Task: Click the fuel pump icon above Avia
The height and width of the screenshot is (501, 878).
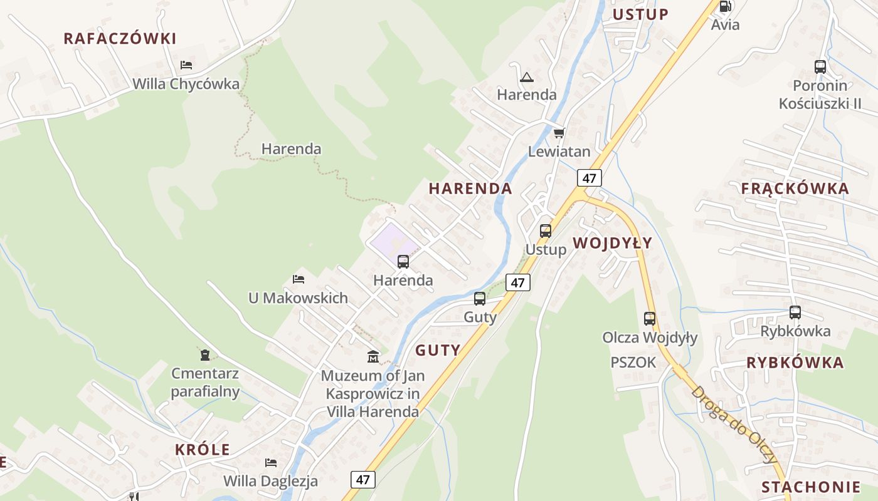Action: click(725, 6)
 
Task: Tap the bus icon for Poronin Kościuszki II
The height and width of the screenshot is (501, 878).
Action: click(820, 66)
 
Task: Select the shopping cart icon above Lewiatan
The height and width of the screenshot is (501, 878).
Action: click(559, 133)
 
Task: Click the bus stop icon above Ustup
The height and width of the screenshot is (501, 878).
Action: click(546, 230)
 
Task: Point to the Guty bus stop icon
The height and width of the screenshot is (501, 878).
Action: click(480, 299)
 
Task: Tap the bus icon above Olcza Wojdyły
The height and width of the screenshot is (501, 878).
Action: click(650, 318)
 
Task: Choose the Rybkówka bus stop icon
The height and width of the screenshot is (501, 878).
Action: click(795, 312)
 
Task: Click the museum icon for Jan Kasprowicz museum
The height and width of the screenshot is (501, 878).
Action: click(373, 357)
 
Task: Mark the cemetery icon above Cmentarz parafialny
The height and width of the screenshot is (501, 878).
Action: click(205, 355)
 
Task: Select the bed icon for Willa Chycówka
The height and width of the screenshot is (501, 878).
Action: click(186, 65)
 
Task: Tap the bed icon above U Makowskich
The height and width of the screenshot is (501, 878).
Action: click(299, 279)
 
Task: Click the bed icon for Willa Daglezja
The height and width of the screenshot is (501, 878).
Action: click(271, 462)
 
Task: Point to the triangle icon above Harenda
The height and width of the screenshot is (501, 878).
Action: click(526, 77)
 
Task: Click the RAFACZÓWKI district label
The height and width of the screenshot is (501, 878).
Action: click(120, 38)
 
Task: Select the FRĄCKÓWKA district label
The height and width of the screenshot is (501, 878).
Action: click(795, 189)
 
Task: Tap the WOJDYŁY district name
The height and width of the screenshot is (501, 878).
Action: click(612, 243)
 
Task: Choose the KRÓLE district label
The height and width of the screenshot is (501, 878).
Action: click(202, 450)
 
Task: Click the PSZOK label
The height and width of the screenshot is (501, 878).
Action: click(633, 362)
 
